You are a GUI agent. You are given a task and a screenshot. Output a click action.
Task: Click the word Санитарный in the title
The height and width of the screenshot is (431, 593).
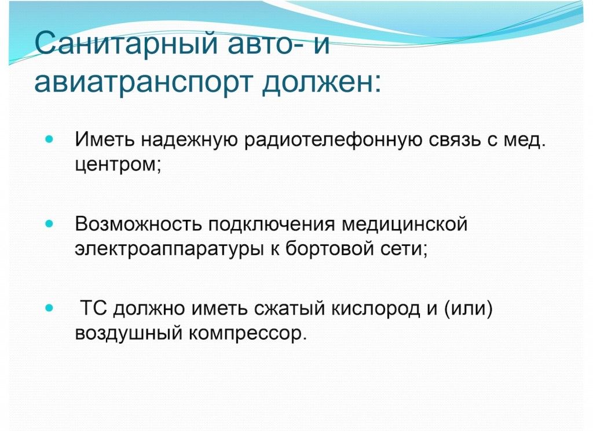[126, 44]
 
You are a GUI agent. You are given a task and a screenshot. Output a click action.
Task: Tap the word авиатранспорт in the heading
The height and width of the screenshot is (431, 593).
[143, 82]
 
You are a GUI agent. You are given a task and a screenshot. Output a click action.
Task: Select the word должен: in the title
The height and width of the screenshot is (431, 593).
[321, 81]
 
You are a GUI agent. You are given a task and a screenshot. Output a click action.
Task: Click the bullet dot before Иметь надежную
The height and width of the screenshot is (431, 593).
[49, 139]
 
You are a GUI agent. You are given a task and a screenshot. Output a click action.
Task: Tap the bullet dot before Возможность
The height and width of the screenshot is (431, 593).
[49, 224]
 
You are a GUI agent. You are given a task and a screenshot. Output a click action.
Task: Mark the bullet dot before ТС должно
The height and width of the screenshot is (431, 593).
[49, 308]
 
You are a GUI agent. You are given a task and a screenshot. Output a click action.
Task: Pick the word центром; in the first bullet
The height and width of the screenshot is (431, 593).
[118, 165]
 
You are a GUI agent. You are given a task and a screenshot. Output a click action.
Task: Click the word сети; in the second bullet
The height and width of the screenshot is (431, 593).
[405, 249]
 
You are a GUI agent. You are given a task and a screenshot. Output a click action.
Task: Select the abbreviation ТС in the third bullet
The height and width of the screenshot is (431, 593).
[94, 308]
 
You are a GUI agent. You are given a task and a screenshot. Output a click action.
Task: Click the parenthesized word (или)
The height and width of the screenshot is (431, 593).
[468, 309]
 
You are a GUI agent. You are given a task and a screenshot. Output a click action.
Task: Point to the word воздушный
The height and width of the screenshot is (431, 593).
[129, 334]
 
